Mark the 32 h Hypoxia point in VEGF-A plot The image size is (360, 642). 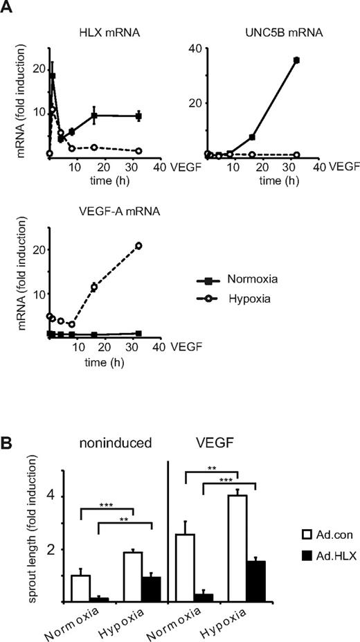pyautogui.click(x=138, y=246)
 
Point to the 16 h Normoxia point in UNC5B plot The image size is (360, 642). pyautogui.click(x=252, y=136)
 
